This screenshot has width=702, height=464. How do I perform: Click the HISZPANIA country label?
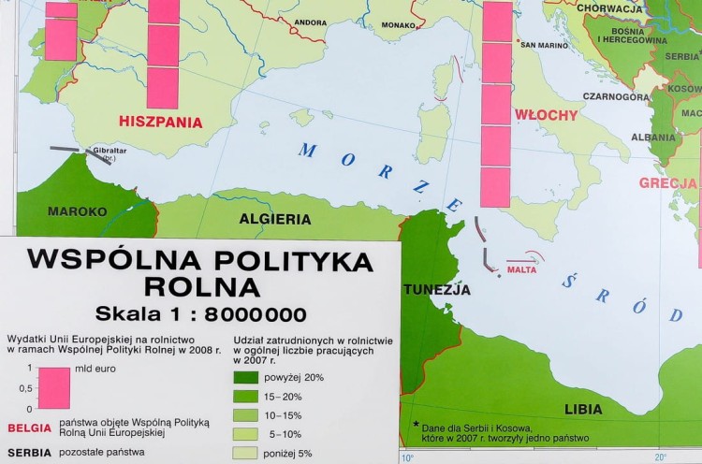coord(160,122)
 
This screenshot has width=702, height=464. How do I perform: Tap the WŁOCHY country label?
coord(547,115)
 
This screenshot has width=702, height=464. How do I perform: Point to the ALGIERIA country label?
coord(275,219)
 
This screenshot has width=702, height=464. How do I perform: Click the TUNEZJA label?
coord(437,289)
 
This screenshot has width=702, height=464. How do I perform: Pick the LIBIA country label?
coord(583,409)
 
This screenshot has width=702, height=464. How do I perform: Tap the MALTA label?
coord(522,270)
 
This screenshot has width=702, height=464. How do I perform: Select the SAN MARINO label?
coord(545,45)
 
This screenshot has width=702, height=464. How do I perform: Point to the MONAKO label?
coord(398,25)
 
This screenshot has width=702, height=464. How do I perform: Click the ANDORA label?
coord(310,22)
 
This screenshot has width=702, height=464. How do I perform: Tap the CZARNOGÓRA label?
coord(616,96)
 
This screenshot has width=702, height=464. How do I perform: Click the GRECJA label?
coord(668,183)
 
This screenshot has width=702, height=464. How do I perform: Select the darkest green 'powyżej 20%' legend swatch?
coord(246,378)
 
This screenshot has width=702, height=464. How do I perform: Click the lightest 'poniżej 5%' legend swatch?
coord(246,454)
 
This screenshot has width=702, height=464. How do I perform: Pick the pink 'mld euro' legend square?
coord(54,387)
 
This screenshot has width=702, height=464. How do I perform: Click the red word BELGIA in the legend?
coord(28,428)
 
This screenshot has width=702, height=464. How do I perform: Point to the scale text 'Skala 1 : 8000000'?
coord(200,313)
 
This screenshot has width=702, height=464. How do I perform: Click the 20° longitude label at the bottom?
coord(660,457)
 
